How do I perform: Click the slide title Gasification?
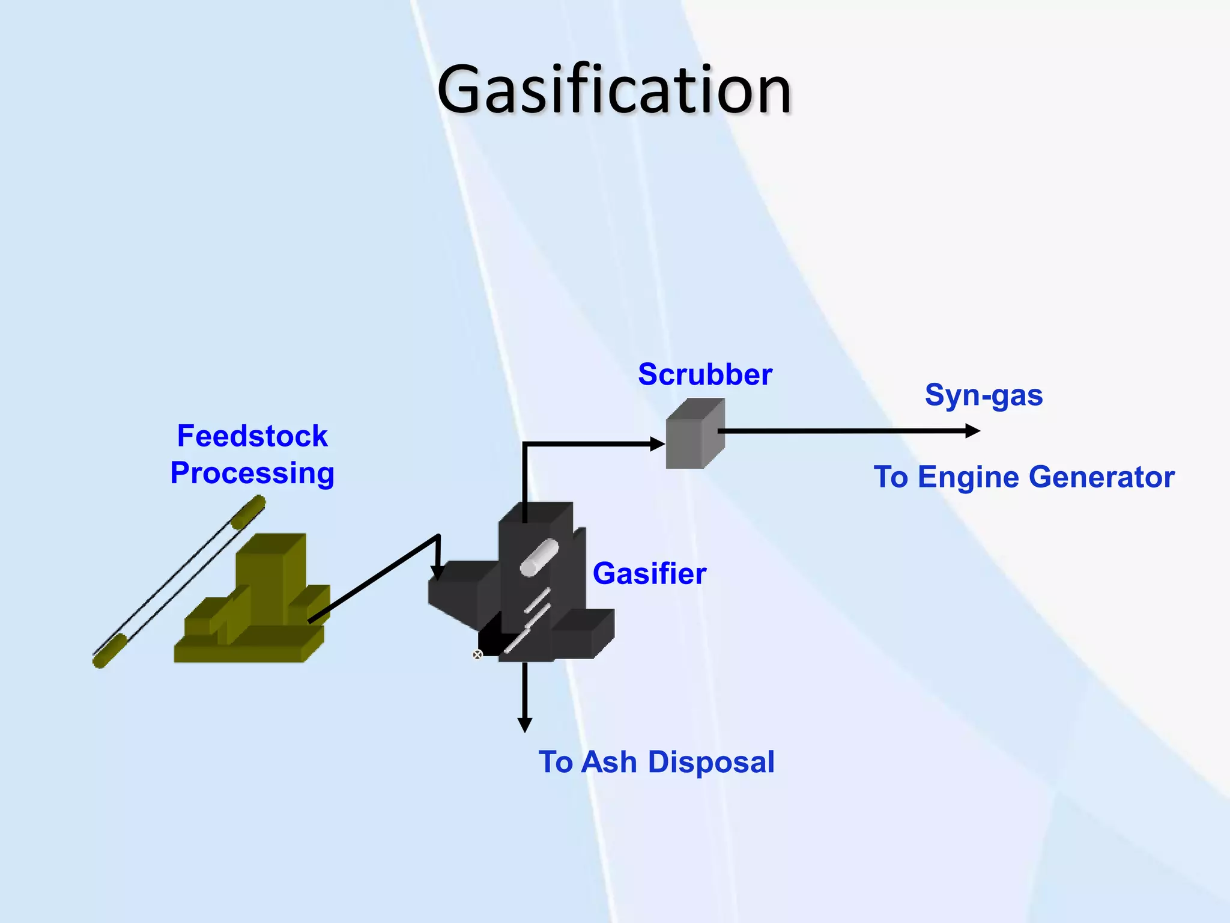[614, 90]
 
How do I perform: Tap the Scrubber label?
[704, 375]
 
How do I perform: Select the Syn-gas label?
[983, 396]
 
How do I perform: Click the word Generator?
[1101, 477]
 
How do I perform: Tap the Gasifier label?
[649, 573]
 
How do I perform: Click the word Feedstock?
[252, 436]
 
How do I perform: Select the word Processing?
[252, 473]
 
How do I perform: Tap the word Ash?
[609, 762]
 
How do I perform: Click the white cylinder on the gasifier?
[539, 558]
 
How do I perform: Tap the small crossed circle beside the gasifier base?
[477, 654]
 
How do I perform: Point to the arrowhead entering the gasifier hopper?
[438, 572]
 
